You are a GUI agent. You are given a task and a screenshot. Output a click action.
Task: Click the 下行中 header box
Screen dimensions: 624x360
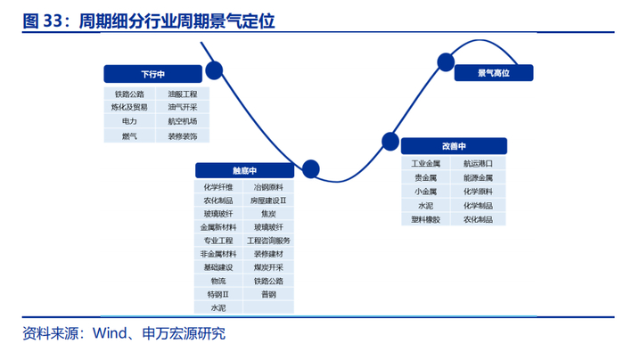pyautogui.click(x=152, y=74)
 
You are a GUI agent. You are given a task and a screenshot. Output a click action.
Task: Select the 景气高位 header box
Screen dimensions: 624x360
pyautogui.click(x=494, y=73)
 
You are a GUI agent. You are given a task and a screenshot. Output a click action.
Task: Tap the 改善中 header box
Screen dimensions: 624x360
pyautogui.click(x=454, y=146)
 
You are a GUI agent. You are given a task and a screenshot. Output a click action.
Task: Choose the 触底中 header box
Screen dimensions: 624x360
pyautogui.click(x=244, y=170)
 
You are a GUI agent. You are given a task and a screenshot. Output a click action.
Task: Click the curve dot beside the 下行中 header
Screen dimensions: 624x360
pyautogui.click(x=214, y=70)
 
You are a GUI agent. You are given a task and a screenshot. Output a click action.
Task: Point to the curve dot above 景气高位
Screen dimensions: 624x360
pyautogui.click(x=446, y=62)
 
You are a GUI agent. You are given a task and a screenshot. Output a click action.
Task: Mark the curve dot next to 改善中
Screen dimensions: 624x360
pyautogui.click(x=390, y=142)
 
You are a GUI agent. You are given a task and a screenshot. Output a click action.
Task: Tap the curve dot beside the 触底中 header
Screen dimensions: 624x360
pyautogui.click(x=311, y=169)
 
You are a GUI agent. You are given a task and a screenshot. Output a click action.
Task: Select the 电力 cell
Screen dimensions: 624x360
pyautogui.click(x=129, y=121)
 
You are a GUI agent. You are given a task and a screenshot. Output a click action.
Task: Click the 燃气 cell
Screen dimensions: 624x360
pyautogui.click(x=129, y=135)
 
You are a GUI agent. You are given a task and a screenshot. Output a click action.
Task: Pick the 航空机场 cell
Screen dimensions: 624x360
pyautogui.click(x=182, y=121)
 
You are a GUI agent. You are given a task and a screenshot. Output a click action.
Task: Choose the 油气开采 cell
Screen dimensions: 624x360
pyautogui.click(x=182, y=107)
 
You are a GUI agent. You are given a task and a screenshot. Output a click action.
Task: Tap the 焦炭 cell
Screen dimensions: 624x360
pyautogui.click(x=268, y=214)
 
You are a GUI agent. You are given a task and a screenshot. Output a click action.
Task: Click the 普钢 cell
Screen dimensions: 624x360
pyautogui.click(x=268, y=294)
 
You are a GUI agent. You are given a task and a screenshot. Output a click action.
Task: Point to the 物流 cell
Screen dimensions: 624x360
pyautogui.click(x=218, y=281)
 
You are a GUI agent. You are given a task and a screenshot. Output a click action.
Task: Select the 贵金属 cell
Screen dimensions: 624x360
pyautogui.click(x=425, y=177)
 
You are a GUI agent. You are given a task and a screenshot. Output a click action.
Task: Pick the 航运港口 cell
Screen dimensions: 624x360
pyautogui.click(x=478, y=163)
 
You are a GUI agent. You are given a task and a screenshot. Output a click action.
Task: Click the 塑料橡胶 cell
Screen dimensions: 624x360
pyautogui.click(x=425, y=219)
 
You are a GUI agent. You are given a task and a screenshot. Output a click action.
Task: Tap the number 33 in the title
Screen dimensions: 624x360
pyautogui.click(x=53, y=20)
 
